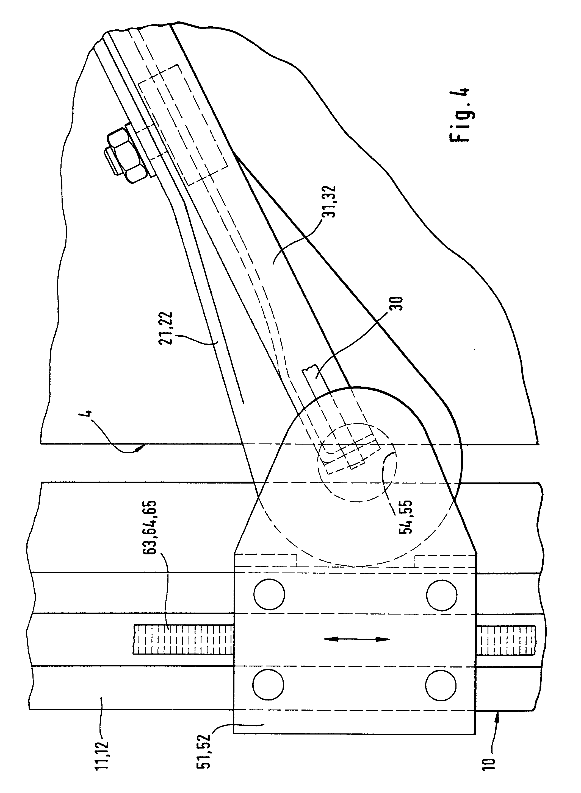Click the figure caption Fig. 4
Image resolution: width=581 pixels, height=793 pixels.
point(459,115)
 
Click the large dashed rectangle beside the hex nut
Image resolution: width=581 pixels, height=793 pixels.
point(183,124)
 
